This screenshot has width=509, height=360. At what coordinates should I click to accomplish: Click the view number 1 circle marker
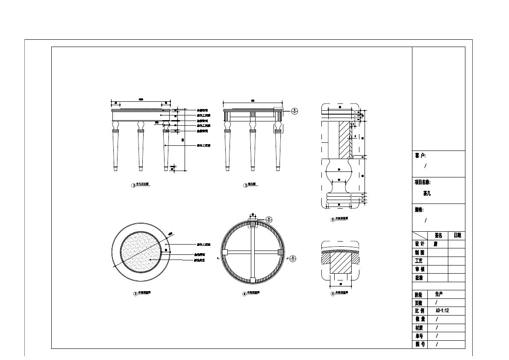(133, 186)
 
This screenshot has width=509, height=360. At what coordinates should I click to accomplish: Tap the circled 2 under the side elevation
(246, 185)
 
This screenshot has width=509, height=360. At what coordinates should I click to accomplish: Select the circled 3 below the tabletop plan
(135, 294)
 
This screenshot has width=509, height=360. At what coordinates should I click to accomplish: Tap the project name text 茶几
(427, 193)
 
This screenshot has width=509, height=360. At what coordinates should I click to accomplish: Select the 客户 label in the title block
(420, 156)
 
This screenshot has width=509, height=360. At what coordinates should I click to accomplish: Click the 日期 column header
(457, 236)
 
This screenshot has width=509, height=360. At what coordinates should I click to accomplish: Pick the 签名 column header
(438, 236)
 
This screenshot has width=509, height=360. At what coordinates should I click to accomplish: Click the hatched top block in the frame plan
(253, 224)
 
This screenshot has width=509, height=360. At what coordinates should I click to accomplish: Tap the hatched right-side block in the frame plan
(281, 252)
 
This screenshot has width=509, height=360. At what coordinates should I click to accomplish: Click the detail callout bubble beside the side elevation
(294, 111)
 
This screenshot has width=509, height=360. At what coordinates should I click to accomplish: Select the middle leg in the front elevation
(140, 145)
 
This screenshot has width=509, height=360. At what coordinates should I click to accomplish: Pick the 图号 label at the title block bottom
(420, 344)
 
